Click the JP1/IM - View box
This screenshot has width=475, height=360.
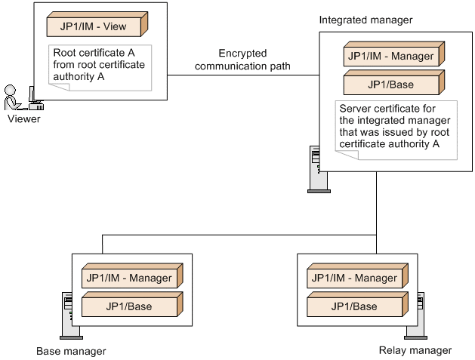(95, 26)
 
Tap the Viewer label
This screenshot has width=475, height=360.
(24, 118)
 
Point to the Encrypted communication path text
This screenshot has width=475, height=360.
(242, 60)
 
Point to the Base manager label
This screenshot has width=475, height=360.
(71, 351)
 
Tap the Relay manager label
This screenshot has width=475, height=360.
(415, 350)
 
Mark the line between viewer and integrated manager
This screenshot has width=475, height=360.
(242, 75)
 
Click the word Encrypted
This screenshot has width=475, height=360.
(242, 54)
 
